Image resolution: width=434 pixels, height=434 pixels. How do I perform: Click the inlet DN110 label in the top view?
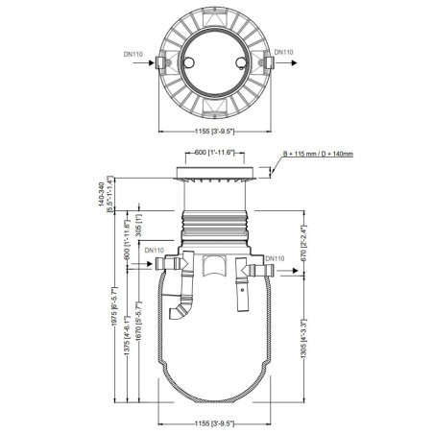coord(136,54)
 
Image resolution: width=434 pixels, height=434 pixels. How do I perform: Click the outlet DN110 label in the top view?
coord(283,53)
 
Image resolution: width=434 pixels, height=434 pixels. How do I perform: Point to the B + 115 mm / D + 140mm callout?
coord(318,154)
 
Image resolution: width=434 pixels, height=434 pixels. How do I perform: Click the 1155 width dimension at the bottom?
coord(209,422)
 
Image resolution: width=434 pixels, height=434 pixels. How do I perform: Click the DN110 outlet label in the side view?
coord(275,258)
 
